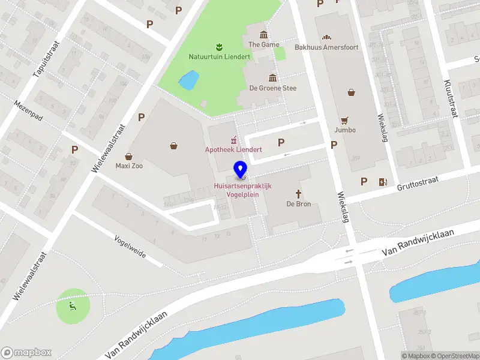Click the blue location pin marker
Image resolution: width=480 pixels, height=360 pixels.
(241, 169)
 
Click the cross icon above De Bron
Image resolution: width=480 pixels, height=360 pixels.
(298, 193)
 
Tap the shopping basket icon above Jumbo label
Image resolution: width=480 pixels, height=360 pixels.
(351, 92)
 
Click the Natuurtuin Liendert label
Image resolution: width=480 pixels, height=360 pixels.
(220, 57)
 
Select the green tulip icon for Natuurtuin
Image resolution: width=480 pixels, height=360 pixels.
(220, 46)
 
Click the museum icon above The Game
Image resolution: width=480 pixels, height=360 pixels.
(263, 34)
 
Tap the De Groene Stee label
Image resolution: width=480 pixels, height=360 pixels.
(273, 88)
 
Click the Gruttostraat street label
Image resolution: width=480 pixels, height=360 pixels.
(418, 182)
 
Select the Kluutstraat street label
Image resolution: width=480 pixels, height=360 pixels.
(451, 98)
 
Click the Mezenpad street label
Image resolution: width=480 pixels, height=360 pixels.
(29, 110)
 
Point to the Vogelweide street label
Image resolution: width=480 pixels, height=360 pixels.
(130, 245)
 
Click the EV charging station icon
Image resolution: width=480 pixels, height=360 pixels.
(382, 182)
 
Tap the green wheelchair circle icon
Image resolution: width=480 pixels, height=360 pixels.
(73, 307)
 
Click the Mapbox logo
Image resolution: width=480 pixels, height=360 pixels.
(26, 353)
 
